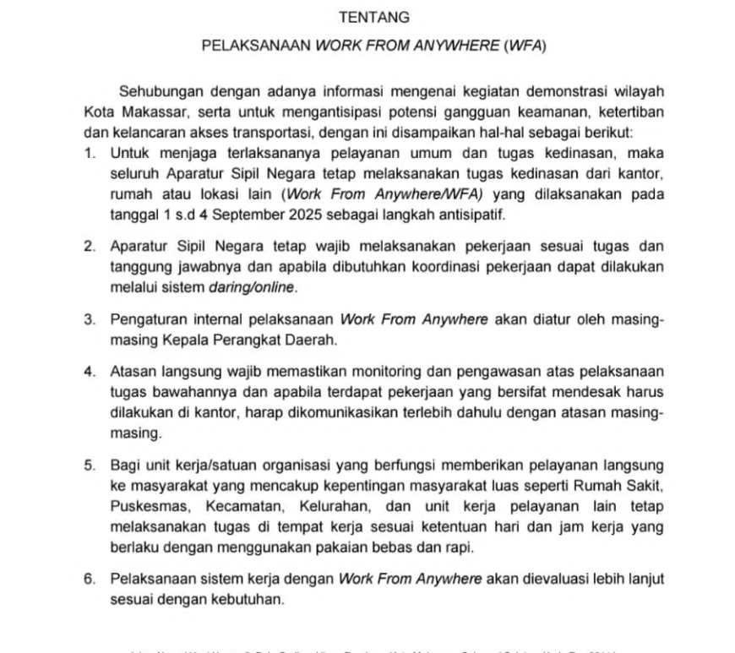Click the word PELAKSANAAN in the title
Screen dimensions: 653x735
256,46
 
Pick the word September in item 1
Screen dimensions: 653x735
256,215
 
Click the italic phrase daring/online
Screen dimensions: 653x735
253,288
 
